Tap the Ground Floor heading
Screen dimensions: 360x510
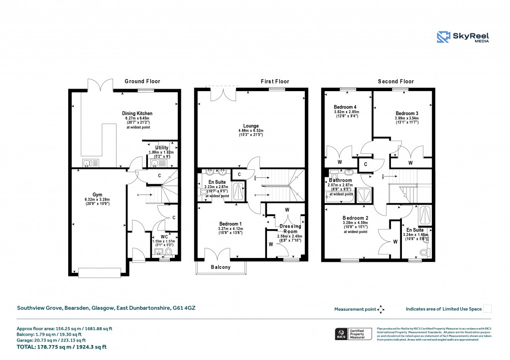142,81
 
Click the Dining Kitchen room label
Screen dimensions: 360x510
137,114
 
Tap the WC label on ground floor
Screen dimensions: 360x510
164,237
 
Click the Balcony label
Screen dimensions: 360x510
220,267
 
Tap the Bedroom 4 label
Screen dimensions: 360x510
345,107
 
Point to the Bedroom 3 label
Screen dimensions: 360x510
406,114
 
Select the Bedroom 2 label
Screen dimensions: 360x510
355,218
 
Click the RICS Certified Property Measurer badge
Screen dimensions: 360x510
353,333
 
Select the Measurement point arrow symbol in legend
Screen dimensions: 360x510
381,309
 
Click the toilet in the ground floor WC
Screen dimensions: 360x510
168,252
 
